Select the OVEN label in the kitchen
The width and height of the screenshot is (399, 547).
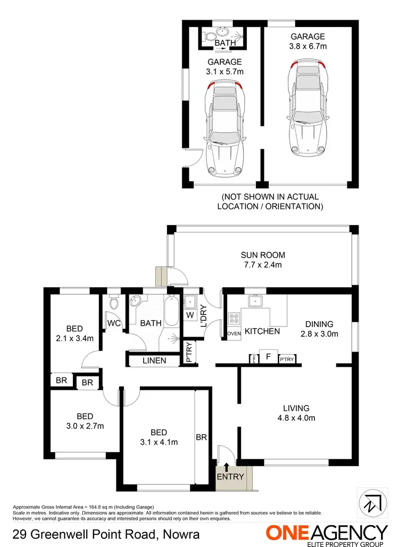[x=234, y=334]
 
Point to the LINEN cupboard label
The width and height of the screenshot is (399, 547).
[x=154, y=361]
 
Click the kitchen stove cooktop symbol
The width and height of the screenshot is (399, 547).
[x=234, y=319]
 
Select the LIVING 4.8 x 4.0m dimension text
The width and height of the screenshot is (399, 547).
[x=296, y=418]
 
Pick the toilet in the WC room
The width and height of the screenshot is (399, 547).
[x=112, y=303]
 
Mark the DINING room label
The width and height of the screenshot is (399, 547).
[x=319, y=324]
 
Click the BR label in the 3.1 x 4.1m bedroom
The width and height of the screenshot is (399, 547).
[x=201, y=438]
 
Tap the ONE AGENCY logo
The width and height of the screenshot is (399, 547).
[x=327, y=533]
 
